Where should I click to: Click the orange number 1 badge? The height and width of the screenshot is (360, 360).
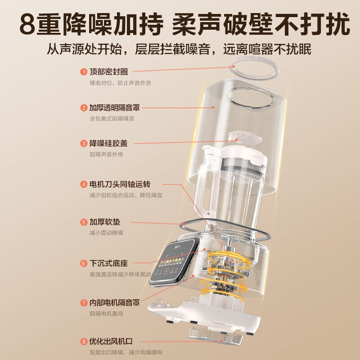(x=84, y=72)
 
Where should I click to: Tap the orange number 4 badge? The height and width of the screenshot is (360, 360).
(x=84, y=184)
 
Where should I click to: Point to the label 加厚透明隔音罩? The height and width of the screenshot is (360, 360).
(x=114, y=108)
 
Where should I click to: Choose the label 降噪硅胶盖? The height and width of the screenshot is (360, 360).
(x=108, y=144)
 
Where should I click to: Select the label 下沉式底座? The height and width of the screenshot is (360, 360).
(x=108, y=263)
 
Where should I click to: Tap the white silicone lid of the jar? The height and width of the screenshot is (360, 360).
(x=238, y=139)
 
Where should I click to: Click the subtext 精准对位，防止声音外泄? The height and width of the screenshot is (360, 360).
(x=116, y=83)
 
